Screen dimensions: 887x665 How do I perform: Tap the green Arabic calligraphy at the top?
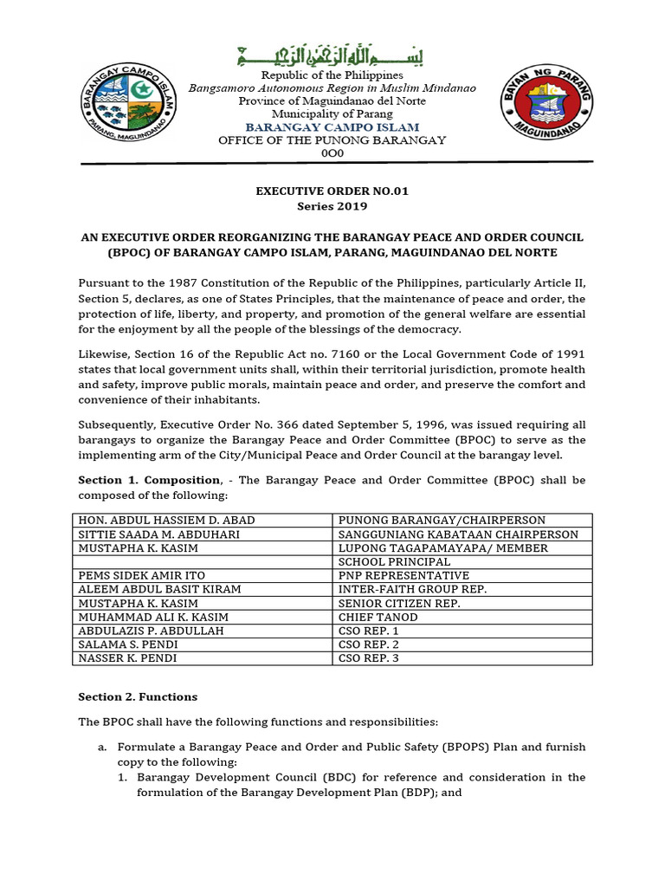(332, 59)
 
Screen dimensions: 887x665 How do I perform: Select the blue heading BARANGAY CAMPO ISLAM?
(332, 127)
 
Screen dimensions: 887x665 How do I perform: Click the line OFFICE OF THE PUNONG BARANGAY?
(332, 140)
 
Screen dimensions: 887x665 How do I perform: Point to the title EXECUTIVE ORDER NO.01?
(332, 192)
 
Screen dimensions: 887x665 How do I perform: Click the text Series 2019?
(332, 206)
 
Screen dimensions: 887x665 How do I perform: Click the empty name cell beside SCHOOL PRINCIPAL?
(203, 562)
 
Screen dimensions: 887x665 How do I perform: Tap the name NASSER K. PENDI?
(127, 659)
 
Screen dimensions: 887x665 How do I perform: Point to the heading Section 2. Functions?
(138, 697)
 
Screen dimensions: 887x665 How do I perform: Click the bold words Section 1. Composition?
(149, 480)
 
